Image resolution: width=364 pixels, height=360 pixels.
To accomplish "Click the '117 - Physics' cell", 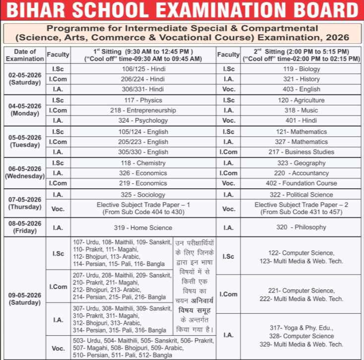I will (143, 100).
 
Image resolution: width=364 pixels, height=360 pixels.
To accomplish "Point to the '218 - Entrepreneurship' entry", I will (143, 110).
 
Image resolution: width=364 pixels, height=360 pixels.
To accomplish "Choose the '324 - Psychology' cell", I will (143, 121).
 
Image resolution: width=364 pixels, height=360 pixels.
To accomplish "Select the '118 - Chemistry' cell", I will (143, 163).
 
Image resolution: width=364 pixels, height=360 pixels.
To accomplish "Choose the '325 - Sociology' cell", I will (143, 195).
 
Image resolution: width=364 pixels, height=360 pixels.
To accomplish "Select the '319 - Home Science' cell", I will (143, 228).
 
